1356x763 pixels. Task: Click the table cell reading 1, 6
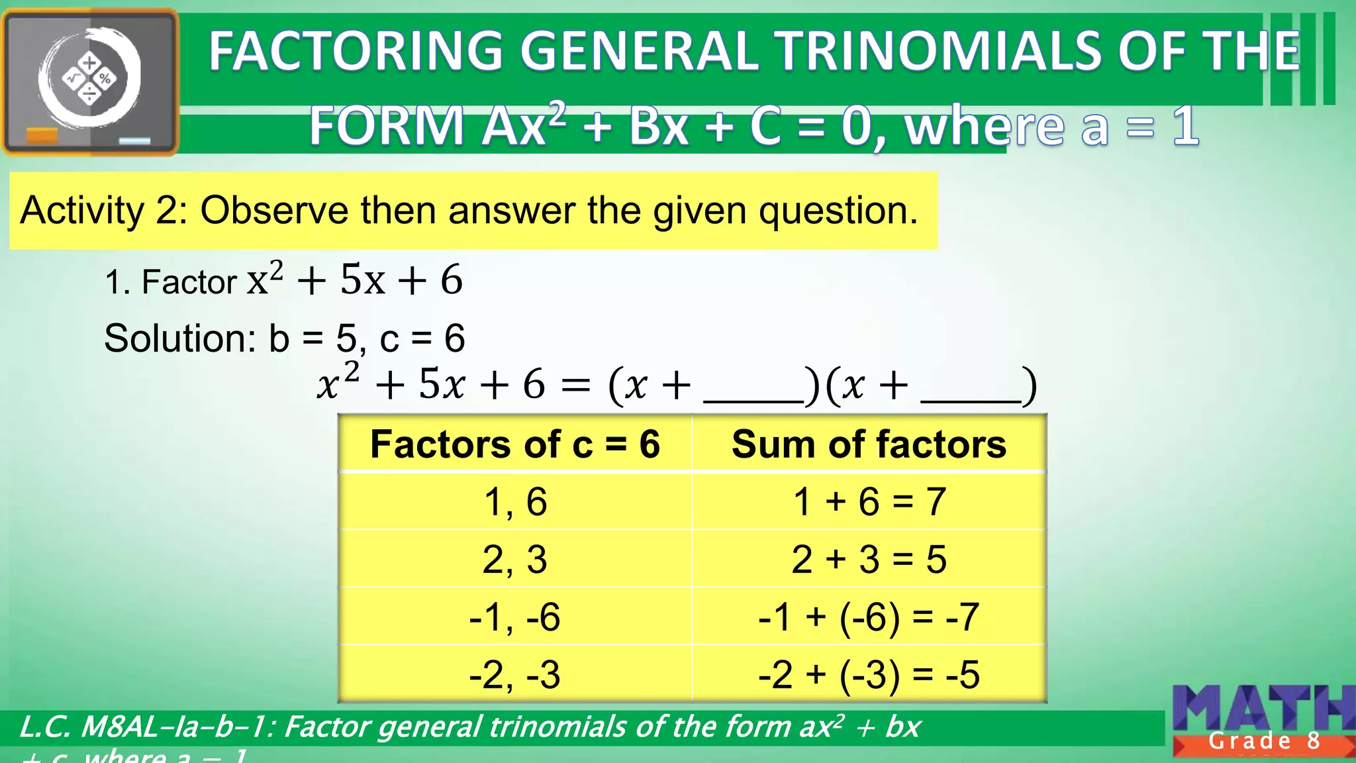515,501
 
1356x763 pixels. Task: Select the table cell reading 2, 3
515,559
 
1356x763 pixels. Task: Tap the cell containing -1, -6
515,617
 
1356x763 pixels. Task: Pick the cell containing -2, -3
515,674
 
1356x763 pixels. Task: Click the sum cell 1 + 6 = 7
869,501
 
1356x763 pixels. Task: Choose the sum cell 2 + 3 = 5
869,559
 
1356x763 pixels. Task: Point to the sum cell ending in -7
869,617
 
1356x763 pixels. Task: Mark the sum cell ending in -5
869,674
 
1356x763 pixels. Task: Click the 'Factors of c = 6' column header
515,444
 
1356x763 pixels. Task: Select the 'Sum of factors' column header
869,444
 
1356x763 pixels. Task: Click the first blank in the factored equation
753,391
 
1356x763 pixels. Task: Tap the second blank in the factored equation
971,391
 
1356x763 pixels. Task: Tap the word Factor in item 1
189,282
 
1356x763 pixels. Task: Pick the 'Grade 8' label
1264,740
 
